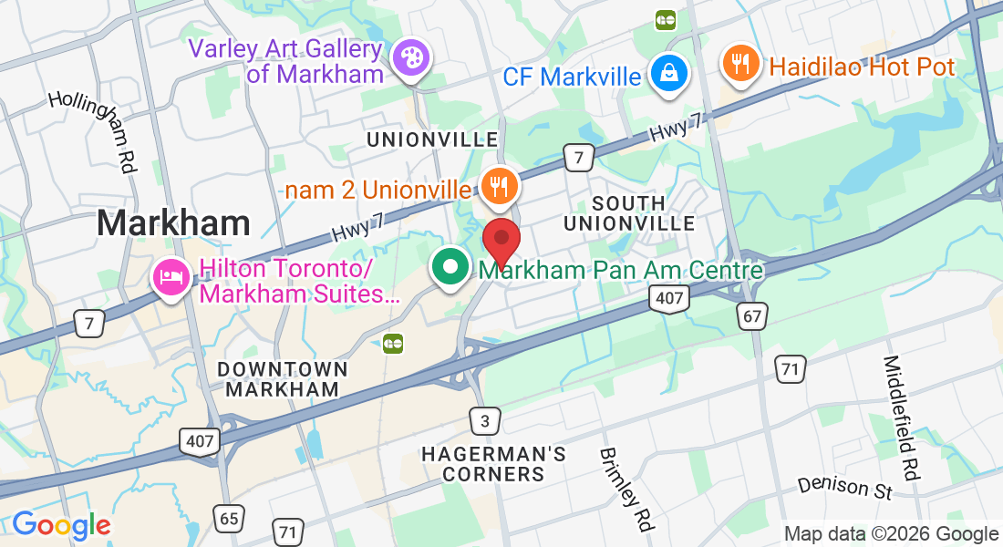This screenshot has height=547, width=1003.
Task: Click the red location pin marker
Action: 501,239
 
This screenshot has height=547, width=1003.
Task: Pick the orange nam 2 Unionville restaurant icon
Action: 498,187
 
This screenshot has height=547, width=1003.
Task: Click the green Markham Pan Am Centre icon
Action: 450,268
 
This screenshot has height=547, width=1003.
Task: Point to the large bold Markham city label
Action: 173,222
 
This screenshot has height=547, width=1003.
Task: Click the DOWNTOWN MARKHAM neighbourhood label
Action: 283,379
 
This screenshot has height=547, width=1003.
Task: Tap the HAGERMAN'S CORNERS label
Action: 494,464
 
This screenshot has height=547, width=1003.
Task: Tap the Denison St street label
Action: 844,487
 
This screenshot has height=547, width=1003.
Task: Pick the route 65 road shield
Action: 229,519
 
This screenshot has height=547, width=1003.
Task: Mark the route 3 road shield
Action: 485,419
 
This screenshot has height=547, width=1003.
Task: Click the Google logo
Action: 61,525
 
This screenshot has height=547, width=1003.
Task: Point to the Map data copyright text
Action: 891,534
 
